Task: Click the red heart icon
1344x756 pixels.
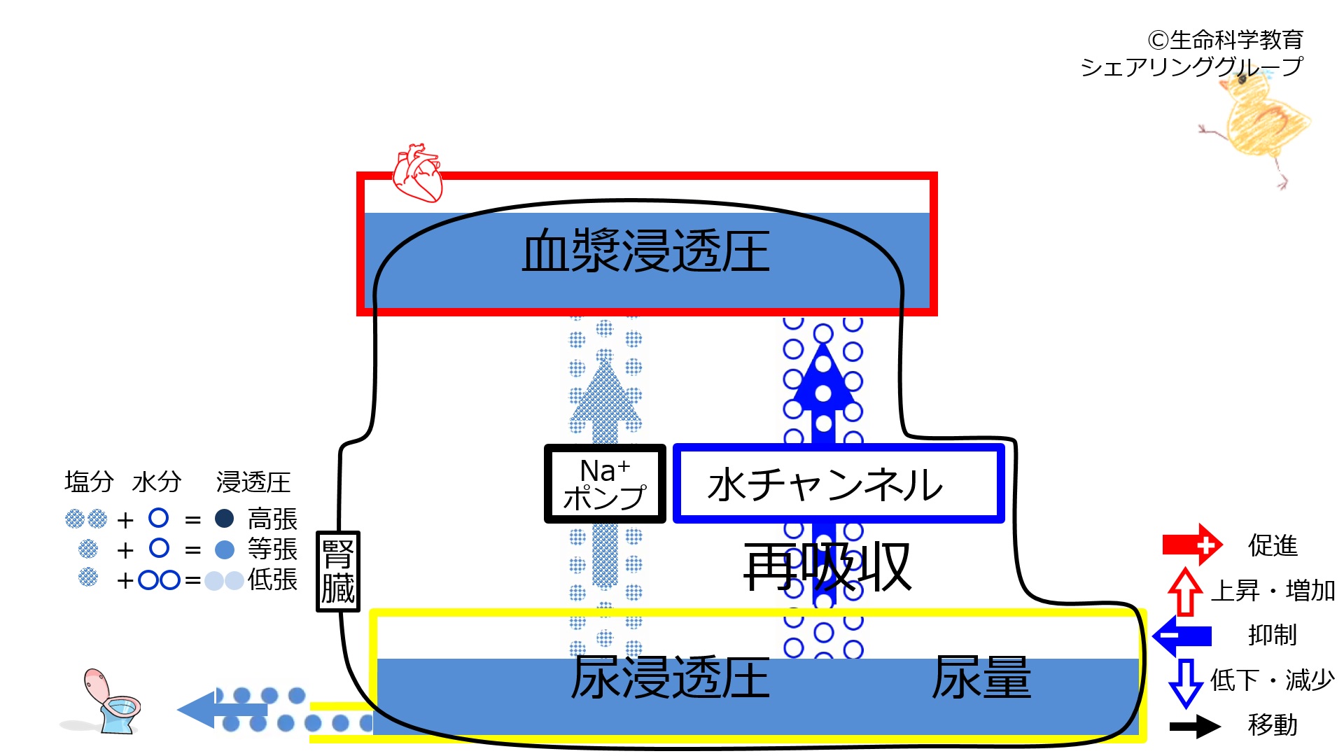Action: (418, 173)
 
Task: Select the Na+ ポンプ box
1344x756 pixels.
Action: (605, 484)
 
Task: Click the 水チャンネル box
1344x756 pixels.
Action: (839, 484)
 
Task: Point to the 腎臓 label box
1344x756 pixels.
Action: (338, 571)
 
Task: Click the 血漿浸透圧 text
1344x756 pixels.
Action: (645, 252)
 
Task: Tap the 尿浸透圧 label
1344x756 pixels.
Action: (670, 678)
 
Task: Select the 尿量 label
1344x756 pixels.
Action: (981, 678)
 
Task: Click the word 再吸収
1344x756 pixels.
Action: (827, 567)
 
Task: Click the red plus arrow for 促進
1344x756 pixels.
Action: (1192, 545)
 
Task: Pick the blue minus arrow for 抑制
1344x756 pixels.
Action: (1182, 636)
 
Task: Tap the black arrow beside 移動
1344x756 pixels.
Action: (1196, 726)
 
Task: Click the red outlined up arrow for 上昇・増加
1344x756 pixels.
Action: (1185, 591)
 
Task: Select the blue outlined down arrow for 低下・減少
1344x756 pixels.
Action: (1186, 683)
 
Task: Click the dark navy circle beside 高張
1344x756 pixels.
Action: (224, 519)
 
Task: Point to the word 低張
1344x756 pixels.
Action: (273, 580)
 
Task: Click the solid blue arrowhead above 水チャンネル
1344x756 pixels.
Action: (824, 377)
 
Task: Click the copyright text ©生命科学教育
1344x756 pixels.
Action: (1225, 40)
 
